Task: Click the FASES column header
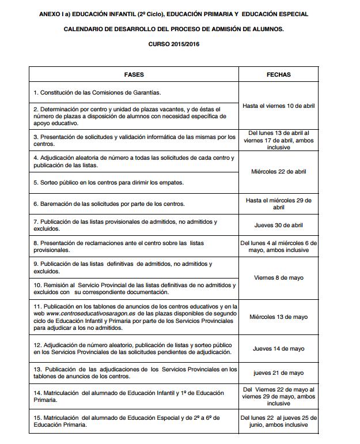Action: [134, 75]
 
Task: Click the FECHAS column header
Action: [279, 75]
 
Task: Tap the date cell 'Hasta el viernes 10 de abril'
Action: [279, 106]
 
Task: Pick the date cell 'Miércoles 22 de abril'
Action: [279, 172]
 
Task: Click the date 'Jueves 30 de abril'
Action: [279, 225]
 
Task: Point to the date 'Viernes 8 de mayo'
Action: [279, 277]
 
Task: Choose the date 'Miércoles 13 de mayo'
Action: [279, 317]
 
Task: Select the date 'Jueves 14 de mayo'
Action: [279, 349]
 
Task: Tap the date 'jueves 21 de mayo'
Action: [279, 373]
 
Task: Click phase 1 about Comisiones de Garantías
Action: [97, 92]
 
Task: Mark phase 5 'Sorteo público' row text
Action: [108, 183]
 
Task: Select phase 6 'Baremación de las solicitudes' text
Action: [109, 204]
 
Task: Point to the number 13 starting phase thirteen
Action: [37, 369]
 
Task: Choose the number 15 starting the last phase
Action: [37, 417]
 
